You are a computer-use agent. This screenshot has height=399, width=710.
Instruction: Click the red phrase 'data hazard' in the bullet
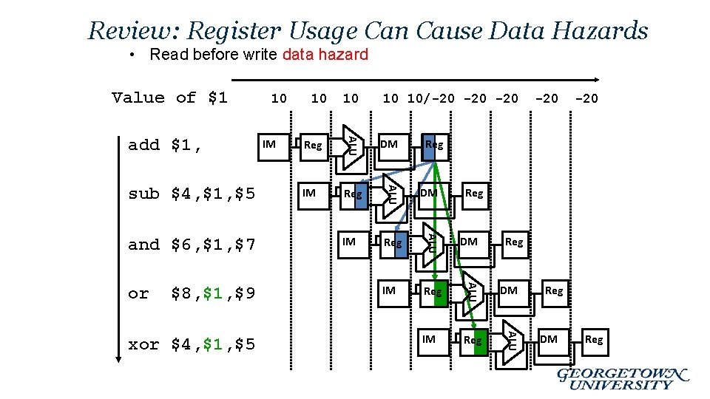tap(325, 54)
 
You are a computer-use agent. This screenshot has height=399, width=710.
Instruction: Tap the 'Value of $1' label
tap(169, 98)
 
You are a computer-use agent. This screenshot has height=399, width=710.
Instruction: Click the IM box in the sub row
tap(310, 194)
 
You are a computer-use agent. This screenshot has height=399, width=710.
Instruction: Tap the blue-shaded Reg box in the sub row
tap(354, 194)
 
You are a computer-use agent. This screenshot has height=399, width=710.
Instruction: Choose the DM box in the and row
tap(470, 242)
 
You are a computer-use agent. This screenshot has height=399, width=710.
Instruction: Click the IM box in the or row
tap(390, 291)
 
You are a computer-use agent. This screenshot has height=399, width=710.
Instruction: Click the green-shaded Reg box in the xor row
tap(474, 340)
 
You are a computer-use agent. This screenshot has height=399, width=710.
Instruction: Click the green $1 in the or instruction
tap(213, 293)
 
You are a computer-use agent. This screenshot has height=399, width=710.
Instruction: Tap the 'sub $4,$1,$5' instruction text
tap(192, 194)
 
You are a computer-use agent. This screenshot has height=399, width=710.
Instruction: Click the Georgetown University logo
tap(623, 378)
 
